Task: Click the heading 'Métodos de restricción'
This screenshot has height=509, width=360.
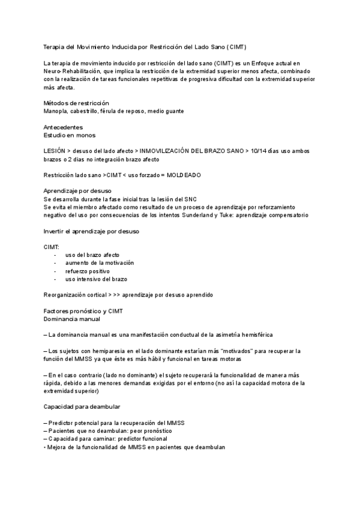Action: click(x=76, y=103)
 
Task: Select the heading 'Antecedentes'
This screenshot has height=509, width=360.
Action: click(x=63, y=127)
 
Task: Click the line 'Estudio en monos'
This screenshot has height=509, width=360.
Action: click(x=69, y=135)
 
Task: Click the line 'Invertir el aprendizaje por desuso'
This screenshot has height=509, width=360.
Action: click(x=94, y=230)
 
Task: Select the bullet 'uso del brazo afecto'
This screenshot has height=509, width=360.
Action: click(x=92, y=254)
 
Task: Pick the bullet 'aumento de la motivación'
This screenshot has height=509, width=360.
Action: click(x=100, y=263)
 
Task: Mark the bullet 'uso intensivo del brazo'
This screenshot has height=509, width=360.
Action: click(x=96, y=279)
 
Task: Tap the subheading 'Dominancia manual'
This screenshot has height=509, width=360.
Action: click(x=67, y=319)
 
